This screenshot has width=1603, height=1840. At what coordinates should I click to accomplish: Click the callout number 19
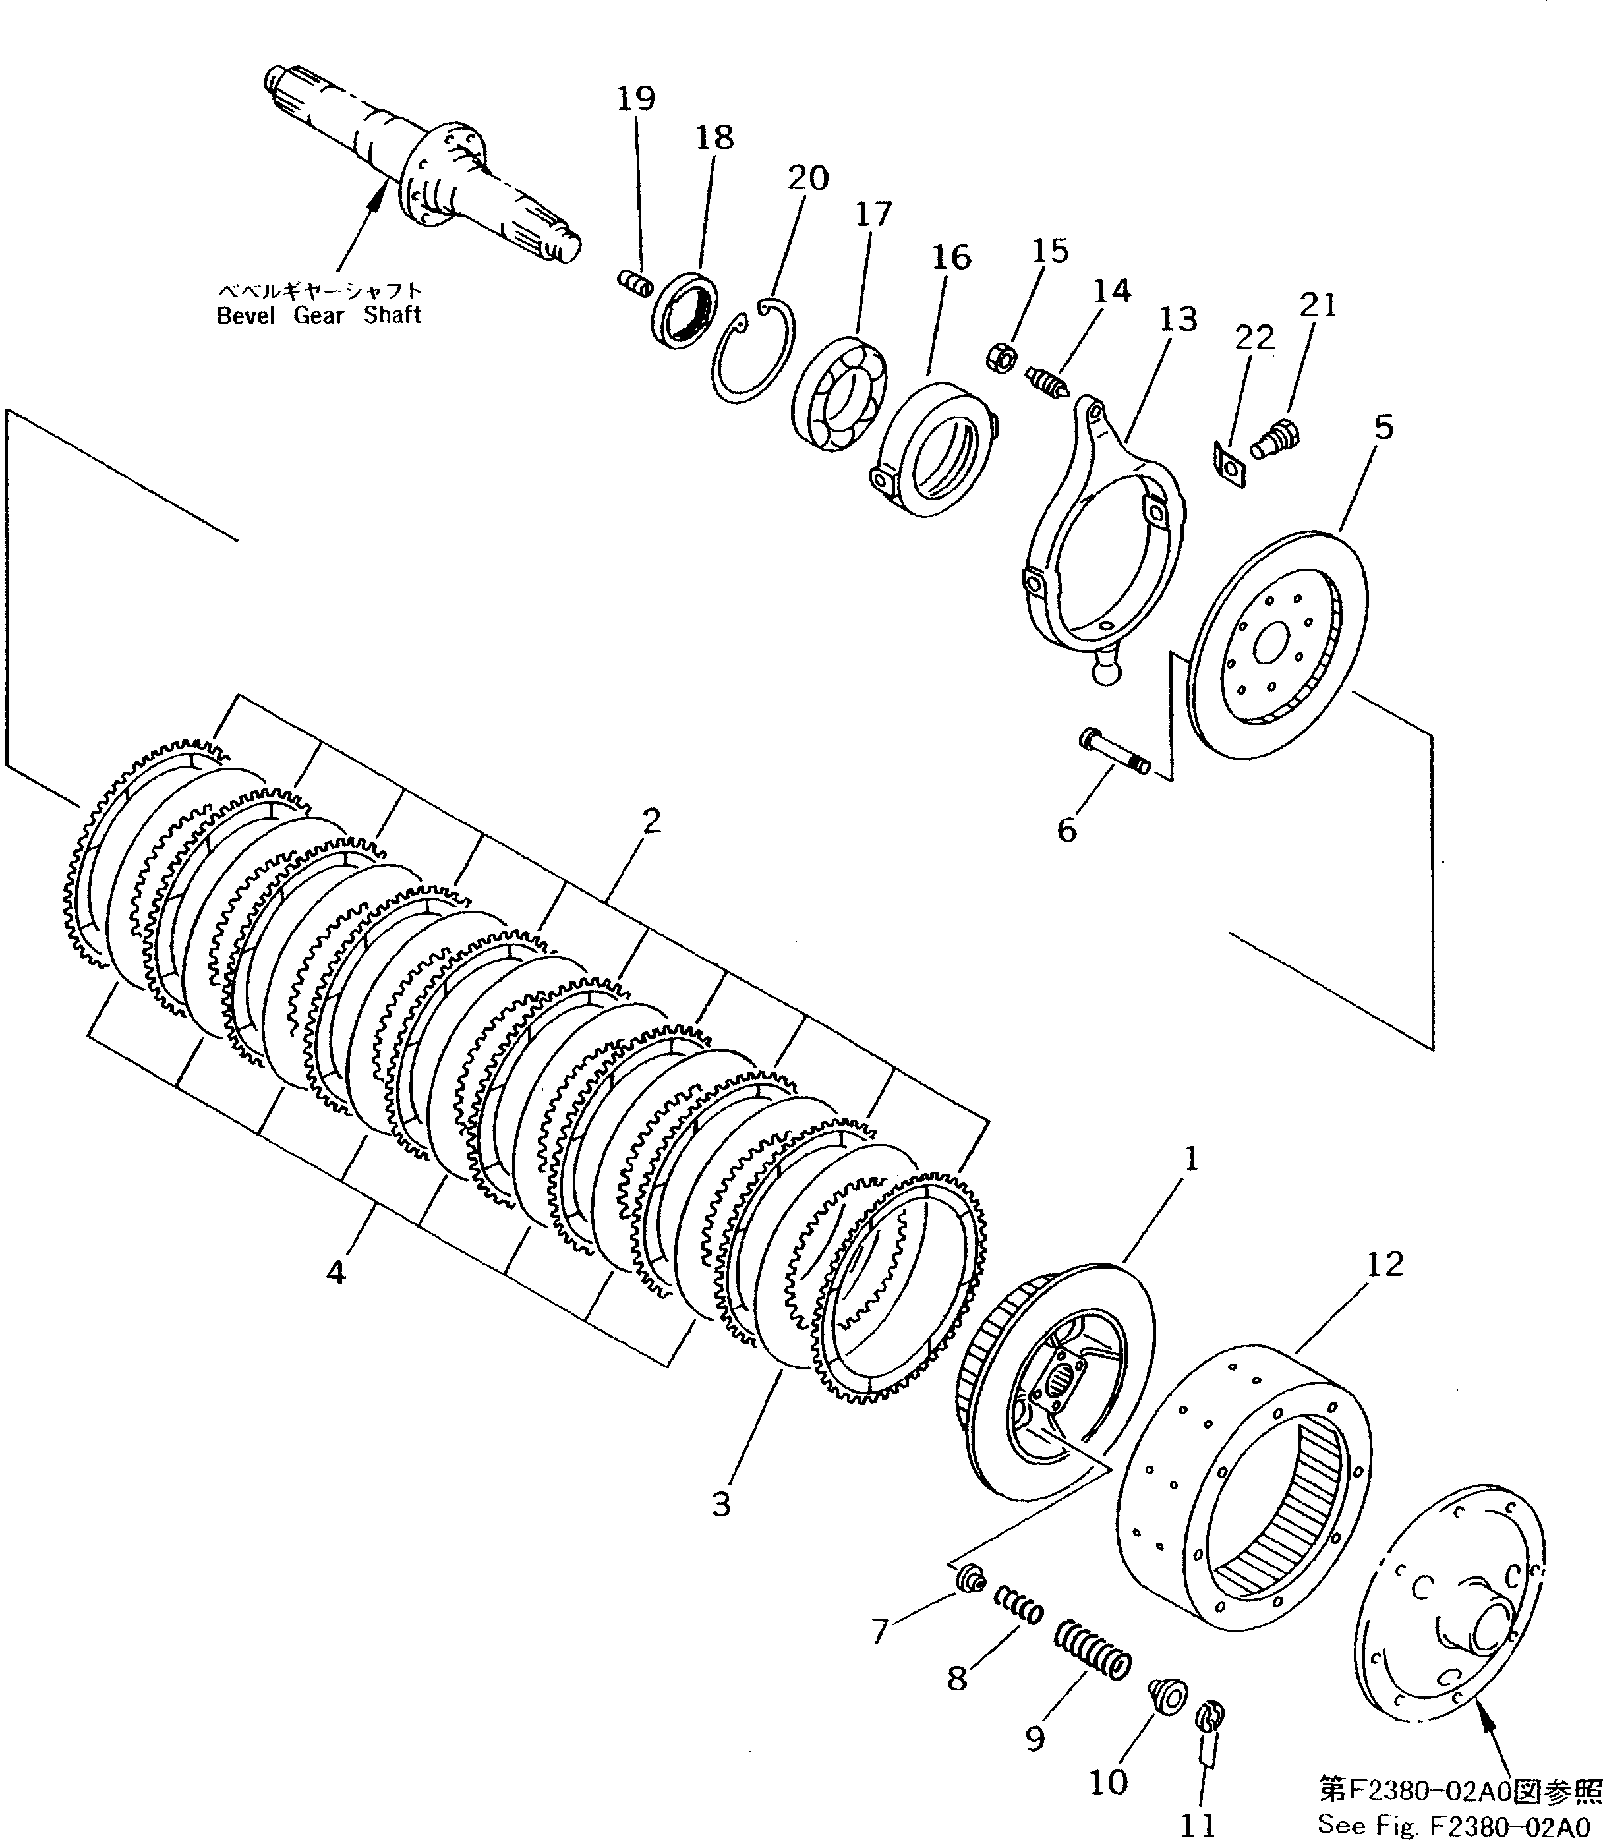(636, 98)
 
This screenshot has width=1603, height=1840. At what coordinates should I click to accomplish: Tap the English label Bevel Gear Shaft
(318, 315)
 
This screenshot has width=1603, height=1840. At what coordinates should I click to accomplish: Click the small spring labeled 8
(1020, 1605)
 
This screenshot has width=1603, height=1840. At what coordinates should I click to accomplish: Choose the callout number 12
(1385, 1264)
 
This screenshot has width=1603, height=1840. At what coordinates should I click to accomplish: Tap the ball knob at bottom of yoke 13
(1105, 668)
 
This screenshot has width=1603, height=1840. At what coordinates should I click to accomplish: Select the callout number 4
(335, 1272)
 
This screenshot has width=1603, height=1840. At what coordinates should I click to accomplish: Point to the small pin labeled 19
(633, 285)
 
